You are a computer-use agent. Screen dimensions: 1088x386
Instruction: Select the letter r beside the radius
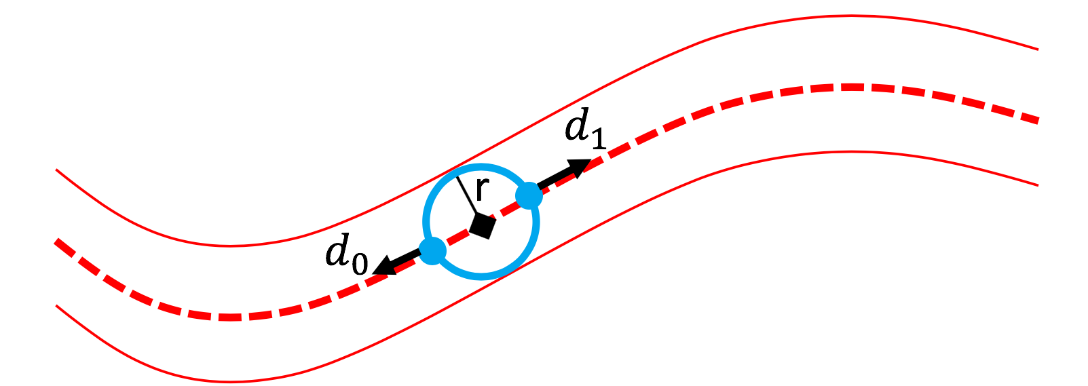pos(481,190)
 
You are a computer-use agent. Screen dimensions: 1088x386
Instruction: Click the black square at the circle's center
pos(482,226)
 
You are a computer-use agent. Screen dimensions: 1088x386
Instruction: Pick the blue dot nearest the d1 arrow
pos(529,196)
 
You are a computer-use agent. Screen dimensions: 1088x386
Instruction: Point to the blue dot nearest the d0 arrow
pos(432,251)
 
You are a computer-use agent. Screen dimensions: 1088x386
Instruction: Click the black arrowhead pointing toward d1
pos(579,166)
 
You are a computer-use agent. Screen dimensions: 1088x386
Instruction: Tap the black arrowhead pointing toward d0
pos(384,266)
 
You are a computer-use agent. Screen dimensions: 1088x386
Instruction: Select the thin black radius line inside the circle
pos(466,196)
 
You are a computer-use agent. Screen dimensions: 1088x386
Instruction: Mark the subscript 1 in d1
pos(597,138)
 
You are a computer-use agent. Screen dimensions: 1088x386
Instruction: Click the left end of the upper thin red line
pos(56,170)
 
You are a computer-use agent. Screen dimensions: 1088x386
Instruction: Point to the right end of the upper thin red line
pos(1038,49)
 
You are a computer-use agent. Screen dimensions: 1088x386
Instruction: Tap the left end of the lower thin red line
pos(56,306)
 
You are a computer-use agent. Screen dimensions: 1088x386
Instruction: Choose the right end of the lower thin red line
pos(1038,185)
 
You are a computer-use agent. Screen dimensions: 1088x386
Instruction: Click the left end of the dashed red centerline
pos(56,241)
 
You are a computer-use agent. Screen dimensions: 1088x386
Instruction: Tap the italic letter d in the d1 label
pos(576,126)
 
